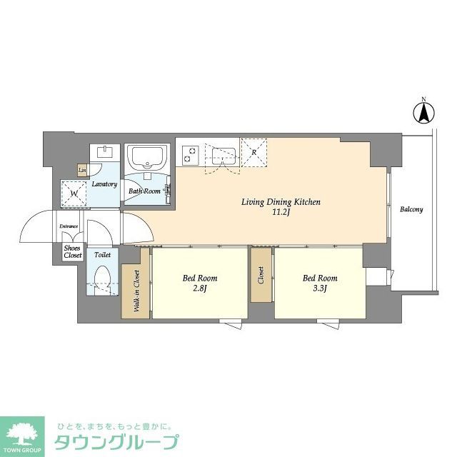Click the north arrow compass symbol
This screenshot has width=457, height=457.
pyautogui.click(x=423, y=113)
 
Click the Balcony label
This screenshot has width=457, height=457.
pyautogui.click(x=411, y=209)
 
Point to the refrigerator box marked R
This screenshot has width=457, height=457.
pyautogui.click(x=253, y=151)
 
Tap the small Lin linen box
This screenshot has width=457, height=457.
pyautogui.click(x=83, y=170)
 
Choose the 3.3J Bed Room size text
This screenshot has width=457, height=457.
pyautogui.click(x=319, y=288)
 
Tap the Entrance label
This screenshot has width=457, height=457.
pyautogui.click(x=69, y=227)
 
